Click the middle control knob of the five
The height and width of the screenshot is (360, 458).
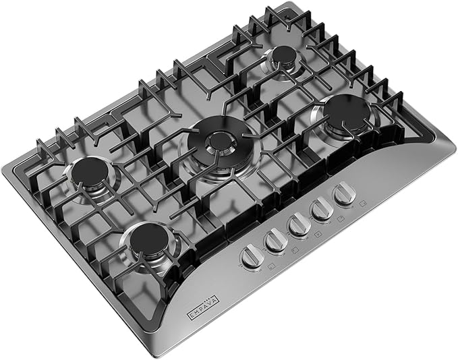(x=298, y=224)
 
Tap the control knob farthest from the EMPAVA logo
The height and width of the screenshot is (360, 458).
(x=344, y=195)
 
